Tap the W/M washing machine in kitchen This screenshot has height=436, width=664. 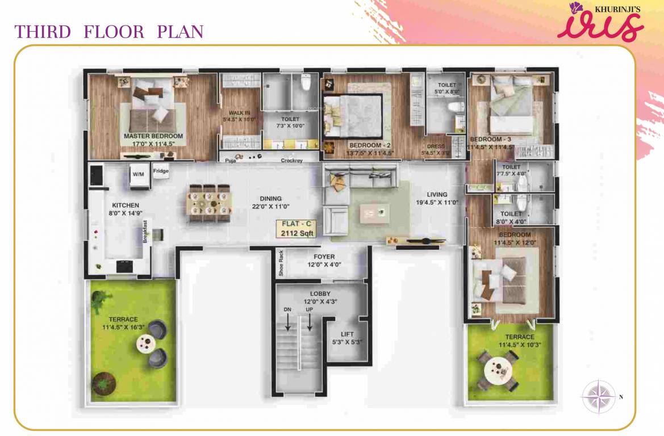pyautogui.click(x=138, y=174)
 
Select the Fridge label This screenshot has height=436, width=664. pyautogui.click(x=161, y=171)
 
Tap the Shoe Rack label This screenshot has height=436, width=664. pyautogui.click(x=281, y=263)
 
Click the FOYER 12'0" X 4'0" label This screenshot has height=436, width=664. pyautogui.click(x=321, y=261)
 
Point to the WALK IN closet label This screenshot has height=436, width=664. pyautogui.click(x=240, y=116)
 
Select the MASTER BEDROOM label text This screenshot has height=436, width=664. pyautogui.click(x=153, y=136)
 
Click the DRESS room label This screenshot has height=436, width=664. pyautogui.click(x=436, y=146)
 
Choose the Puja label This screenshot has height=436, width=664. pyautogui.click(x=230, y=161)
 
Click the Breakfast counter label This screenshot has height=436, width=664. pyautogui.click(x=146, y=232)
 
